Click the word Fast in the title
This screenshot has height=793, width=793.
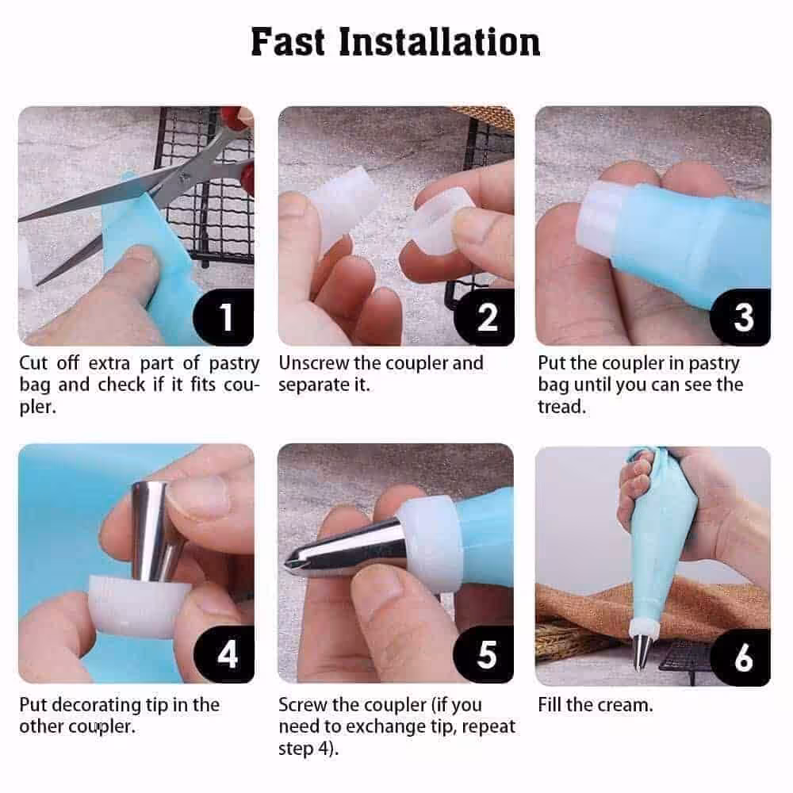tap(287, 41)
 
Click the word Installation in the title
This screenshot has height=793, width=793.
tap(439, 41)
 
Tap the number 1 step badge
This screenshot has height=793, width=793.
tap(224, 317)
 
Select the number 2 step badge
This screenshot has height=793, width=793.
tap(485, 317)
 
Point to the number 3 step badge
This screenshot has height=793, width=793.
tap(741, 317)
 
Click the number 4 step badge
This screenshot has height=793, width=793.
tap(225, 654)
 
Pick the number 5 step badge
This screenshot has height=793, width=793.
tap(485, 654)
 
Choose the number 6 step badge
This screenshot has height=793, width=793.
tap(741, 657)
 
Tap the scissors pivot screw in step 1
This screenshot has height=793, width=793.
tap(183, 177)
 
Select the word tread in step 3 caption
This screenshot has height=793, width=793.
tap(561, 407)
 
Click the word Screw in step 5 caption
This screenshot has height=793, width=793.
tap(301, 705)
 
